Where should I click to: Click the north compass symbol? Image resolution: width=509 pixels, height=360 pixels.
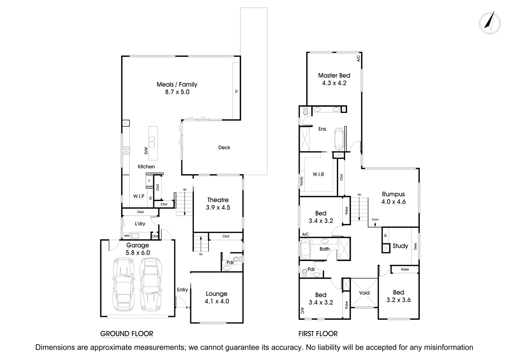(x=489, y=22)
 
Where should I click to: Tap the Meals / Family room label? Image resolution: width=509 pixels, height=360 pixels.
(x=177, y=85)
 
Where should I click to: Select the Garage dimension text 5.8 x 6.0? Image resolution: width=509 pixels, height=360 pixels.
(x=138, y=253)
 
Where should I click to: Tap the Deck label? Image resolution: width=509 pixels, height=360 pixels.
(x=224, y=148)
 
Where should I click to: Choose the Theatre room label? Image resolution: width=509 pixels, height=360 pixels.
(x=218, y=200)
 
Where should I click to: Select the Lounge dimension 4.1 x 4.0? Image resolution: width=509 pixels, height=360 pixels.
(x=217, y=301)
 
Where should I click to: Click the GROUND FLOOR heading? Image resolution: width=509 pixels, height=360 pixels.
(x=127, y=334)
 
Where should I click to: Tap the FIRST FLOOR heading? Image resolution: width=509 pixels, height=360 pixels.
(x=318, y=334)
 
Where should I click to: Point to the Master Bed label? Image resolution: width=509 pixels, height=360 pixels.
(x=334, y=76)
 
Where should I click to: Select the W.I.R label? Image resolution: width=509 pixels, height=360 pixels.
(x=318, y=174)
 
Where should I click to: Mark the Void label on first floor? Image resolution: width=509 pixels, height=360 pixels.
(x=364, y=293)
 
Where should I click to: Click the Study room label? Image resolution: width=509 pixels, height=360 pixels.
(x=400, y=246)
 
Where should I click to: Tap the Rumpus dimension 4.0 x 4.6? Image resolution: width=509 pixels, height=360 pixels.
(x=393, y=202)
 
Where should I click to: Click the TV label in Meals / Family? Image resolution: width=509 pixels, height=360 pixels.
(x=237, y=91)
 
